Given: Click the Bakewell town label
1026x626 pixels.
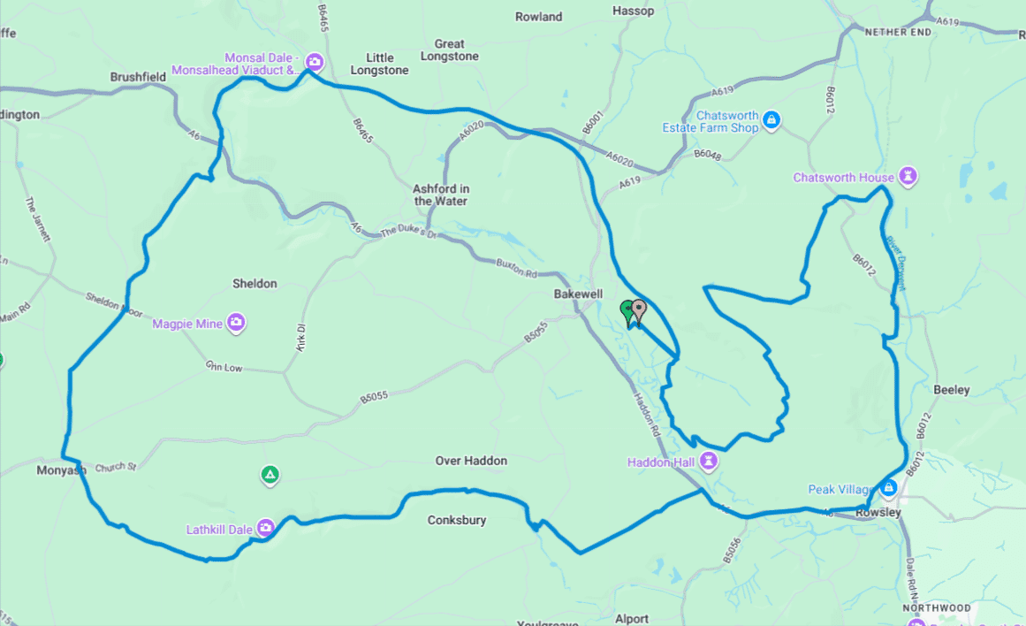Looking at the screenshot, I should click(x=578, y=293).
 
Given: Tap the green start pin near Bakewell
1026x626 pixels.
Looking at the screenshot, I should click(x=628, y=311).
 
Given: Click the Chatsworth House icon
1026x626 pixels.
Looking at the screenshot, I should click(x=908, y=177).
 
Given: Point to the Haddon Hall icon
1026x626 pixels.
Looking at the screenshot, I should click(x=708, y=462).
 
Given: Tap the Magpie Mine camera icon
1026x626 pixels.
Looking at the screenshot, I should click(x=236, y=324).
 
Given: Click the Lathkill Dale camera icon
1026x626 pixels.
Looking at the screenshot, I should click(x=264, y=529).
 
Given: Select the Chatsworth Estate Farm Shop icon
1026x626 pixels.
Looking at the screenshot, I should click(x=771, y=120).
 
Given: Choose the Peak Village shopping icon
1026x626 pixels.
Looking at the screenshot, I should click(x=889, y=488).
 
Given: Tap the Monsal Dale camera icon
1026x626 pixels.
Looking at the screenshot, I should click(x=314, y=62).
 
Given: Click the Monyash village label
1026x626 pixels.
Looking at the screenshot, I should click(x=61, y=470).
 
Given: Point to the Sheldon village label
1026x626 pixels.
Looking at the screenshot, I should click(x=255, y=284).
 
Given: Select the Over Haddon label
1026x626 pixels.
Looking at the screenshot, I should click(x=471, y=461).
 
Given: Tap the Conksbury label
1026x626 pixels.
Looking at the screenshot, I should click(x=456, y=520).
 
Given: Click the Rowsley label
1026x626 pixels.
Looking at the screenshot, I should click(x=878, y=513).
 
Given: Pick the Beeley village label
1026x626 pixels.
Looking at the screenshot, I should click(x=951, y=390).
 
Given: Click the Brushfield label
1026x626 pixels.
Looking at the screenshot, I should click(x=138, y=77).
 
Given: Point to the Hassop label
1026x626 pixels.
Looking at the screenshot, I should click(x=633, y=11).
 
